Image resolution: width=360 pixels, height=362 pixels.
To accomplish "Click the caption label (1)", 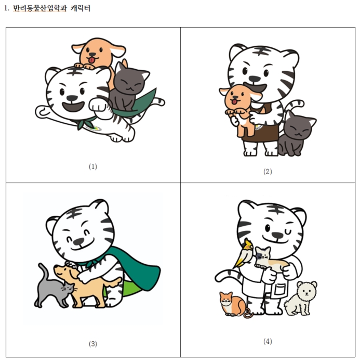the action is coord(92,166).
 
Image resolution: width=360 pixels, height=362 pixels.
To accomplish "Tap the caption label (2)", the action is coord(268,172).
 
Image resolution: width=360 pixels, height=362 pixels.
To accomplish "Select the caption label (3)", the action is coord(92,344).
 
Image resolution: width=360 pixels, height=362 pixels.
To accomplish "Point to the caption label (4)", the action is coord(268,341).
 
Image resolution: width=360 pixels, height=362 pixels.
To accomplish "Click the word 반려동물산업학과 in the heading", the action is coord(40,8).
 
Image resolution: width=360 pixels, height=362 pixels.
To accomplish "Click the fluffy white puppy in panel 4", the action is coord(300,298).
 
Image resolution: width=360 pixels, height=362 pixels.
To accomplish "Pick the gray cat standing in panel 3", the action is coord(54,289).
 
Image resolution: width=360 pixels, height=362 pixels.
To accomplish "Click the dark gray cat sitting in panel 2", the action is coord(296,134).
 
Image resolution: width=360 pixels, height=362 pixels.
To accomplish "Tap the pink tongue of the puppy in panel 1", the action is coord(92,60).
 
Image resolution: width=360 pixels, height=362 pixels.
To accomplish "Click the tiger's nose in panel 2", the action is coord(255,79).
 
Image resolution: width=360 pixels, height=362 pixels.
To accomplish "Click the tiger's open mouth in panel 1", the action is coord(73,107).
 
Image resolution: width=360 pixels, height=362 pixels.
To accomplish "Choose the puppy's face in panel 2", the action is coord(237,97).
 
